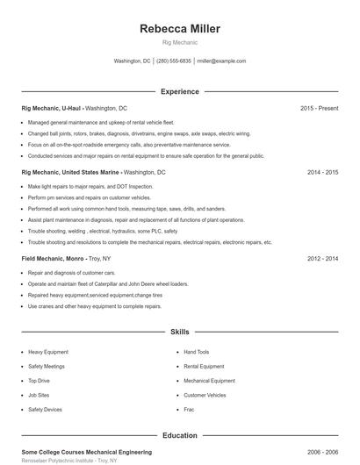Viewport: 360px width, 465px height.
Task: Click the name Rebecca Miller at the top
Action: tap(180, 28)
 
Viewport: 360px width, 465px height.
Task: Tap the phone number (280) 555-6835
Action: tap(174, 61)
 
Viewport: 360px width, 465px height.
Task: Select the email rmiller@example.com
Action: tap(221, 61)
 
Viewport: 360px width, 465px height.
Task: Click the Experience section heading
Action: tap(180, 91)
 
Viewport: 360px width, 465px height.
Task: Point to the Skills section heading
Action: tap(180, 333)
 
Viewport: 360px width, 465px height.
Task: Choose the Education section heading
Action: tap(180, 435)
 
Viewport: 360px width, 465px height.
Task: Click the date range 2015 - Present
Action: tap(319, 108)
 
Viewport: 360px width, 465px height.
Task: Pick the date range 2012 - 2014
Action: tap(322, 260)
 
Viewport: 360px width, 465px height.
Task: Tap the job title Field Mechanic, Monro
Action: tap(53, 260)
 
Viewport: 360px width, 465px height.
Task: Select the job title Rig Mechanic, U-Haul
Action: tap(51, 108)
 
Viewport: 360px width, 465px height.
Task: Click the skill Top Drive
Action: tap(39, 381)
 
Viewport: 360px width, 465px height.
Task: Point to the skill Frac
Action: tap(189, 410)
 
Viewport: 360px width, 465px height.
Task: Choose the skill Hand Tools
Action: tap(197, 352)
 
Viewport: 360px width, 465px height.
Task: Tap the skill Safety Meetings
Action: tap(47, 367)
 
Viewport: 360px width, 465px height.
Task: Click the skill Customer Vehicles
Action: tap(205, 395)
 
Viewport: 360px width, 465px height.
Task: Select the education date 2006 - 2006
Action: tap(322, 451)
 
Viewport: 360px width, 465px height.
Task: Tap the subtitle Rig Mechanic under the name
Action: tap(180, 42)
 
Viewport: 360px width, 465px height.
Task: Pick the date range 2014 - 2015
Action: tap(322, 173)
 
